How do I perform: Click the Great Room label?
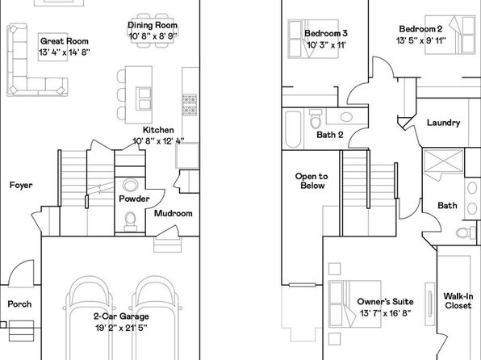[x=65, y=41]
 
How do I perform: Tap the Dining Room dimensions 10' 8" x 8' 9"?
[x=153, y=36]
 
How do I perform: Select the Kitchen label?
[x=158, y=130]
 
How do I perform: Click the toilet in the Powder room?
[x=131, y=221]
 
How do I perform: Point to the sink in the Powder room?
[x=131, y=186]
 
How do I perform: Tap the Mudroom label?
[x=174, y=213]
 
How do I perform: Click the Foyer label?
[x=21, y=185]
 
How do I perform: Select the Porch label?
[x=19, y=304]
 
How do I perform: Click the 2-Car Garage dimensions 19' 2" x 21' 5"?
[x=121, y=328]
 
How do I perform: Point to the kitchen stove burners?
[x=190, y=105]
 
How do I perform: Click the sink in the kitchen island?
[x=144, y=98]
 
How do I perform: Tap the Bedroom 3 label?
[x=326, y=33]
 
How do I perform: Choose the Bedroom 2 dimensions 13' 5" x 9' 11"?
[x=421, y=40]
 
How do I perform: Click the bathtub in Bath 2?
[x=293, y=129]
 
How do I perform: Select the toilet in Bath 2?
[x=316, y=119]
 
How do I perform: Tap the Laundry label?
[x=444, y=123]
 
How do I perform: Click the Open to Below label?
[x=312, y=181]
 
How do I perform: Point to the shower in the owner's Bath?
[x=443, y=161]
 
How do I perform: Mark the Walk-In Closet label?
[x=458, y=301]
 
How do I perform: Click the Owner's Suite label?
[x=385, y=302]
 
